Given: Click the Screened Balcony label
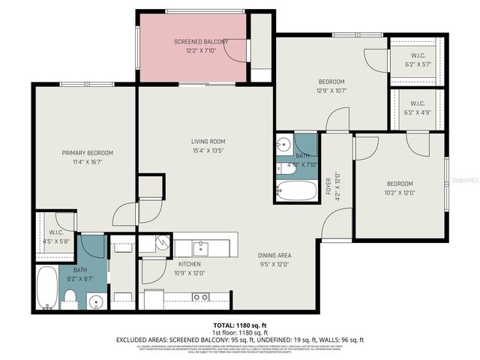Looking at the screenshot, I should (x=190, y=41).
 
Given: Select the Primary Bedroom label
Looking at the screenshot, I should (x=87, y=153).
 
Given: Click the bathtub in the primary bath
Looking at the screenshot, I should (x=46, y=287).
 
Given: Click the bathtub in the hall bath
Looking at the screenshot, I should (x=297, y=190).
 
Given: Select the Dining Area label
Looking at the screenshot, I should (x=274, y=255).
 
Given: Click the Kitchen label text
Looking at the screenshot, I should (x=188, y=264).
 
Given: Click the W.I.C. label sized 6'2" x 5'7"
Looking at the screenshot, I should (x=417, y=55).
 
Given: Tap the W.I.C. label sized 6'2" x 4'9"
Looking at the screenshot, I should (x=417, y=103).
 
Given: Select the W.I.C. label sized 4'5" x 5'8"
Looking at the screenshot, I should (x=54, y=232).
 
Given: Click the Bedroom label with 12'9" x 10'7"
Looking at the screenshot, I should (x=331, y=82).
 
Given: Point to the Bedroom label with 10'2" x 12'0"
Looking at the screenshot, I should (x=399, y=184).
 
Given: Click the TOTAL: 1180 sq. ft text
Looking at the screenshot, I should (x=240, y=325).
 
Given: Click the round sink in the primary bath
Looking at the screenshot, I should (x=95, y=301).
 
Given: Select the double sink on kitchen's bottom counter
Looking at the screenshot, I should (x=200, y=297).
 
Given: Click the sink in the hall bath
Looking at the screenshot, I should (x=284, y=143).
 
